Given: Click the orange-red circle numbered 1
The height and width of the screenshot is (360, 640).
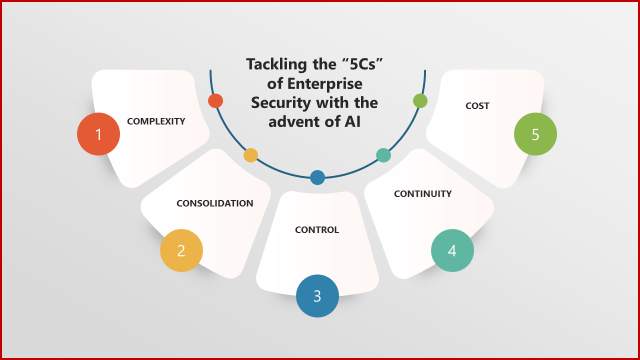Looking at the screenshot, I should point(98,134).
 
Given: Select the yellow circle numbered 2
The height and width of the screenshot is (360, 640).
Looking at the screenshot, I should point(181,250).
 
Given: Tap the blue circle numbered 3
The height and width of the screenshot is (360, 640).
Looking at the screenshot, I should point(317,296).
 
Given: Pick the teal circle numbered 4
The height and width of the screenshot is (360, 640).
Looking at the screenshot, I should point(452,250).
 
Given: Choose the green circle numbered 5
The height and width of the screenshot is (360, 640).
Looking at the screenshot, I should point(535,134).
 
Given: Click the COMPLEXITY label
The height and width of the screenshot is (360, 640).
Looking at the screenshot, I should point(156,121).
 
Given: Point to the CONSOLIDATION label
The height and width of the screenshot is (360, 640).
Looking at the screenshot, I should point(215,203).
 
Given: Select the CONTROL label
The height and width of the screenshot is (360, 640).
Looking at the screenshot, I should point(317,230).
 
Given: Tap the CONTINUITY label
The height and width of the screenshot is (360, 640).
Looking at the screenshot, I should point(423,194).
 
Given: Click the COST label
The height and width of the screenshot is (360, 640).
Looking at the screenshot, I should point(477,106).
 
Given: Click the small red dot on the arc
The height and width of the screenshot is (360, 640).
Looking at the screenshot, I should point(215,100).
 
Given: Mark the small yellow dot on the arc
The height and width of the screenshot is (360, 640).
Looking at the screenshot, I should point(250,155).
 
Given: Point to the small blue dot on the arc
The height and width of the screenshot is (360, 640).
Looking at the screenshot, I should point(317,177).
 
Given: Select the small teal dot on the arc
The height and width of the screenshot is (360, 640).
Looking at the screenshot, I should point(383,155).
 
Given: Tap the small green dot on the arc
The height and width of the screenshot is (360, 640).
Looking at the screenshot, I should point(420,100).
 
